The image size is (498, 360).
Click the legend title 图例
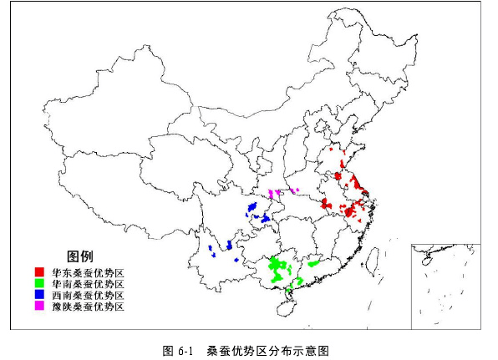coord(79,256)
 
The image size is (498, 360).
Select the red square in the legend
coord(39,272)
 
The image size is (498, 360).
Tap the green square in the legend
coord(39,283)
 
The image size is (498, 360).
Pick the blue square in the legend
coord(39,295)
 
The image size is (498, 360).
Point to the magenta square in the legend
coord(39,307)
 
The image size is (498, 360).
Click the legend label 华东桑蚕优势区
coord(88,272)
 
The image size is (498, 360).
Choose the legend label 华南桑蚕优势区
coord(88,284)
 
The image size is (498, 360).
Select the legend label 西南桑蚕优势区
coord(88,295)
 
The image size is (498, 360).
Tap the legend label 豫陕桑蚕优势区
coord(88,307)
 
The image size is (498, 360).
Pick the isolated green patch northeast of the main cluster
coord(314,262)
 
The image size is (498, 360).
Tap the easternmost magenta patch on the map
coord(296,190)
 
